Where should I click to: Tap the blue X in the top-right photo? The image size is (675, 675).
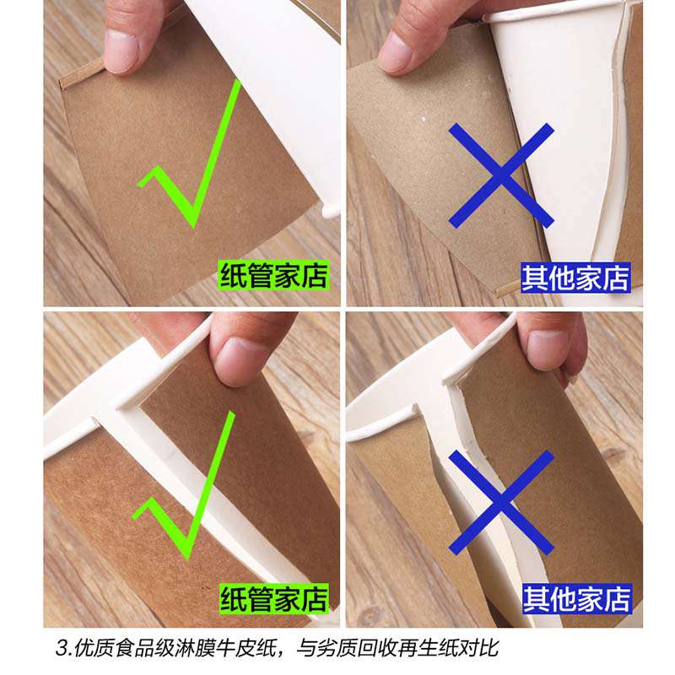point(501,175)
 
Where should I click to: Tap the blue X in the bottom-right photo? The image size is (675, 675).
point(501,502)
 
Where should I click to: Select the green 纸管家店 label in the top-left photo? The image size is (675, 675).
point(273,276)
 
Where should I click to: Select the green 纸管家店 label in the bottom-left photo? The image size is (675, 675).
point(273,599)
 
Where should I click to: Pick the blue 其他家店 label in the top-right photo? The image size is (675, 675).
point(575,278)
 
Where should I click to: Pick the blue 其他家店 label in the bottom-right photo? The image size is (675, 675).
point(577,599)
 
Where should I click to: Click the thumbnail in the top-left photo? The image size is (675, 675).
point(121,51)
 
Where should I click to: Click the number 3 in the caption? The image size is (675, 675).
point(62,648)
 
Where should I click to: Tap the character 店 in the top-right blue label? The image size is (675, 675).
point(616,278)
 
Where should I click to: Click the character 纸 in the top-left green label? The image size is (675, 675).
point(234,276)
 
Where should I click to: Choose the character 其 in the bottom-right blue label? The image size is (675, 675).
point(537,599)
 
